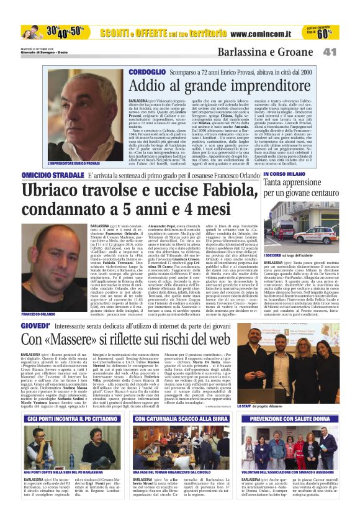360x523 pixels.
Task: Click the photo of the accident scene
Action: [x=300, y=227]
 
